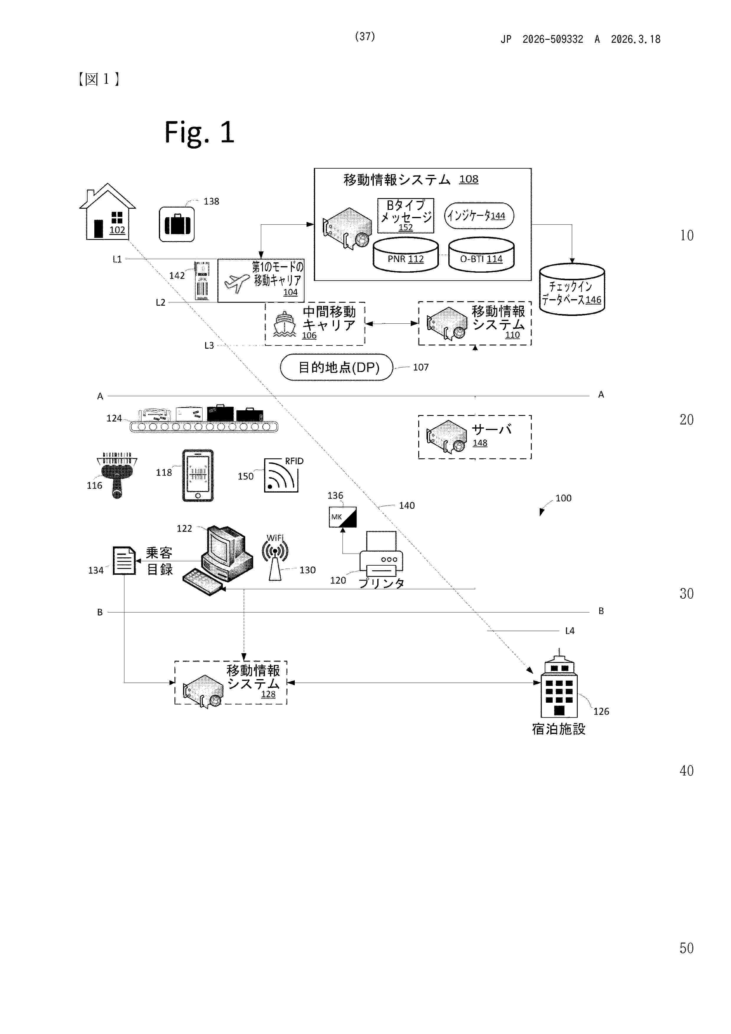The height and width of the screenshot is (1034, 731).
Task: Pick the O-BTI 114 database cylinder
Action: pyautogui.click(x=481, y=255)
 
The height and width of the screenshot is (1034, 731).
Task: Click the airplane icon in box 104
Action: pyautogui.click(x=236, y=282)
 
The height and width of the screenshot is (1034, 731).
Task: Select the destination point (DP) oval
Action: pyautogui.click(x=336, y=368)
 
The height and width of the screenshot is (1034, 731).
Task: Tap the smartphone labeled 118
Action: pyautogui.click(x=198, y=475)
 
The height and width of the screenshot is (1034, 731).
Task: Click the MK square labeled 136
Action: pyautogui.click(x=343, y=517)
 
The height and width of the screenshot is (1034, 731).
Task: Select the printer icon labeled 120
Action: pyautogui.click(x=381, y=554)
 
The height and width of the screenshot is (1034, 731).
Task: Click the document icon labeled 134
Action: pyautogui.click(x=124, y=561)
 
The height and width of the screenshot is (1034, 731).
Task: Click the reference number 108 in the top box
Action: pyautogui.click(x=468, y=179)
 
